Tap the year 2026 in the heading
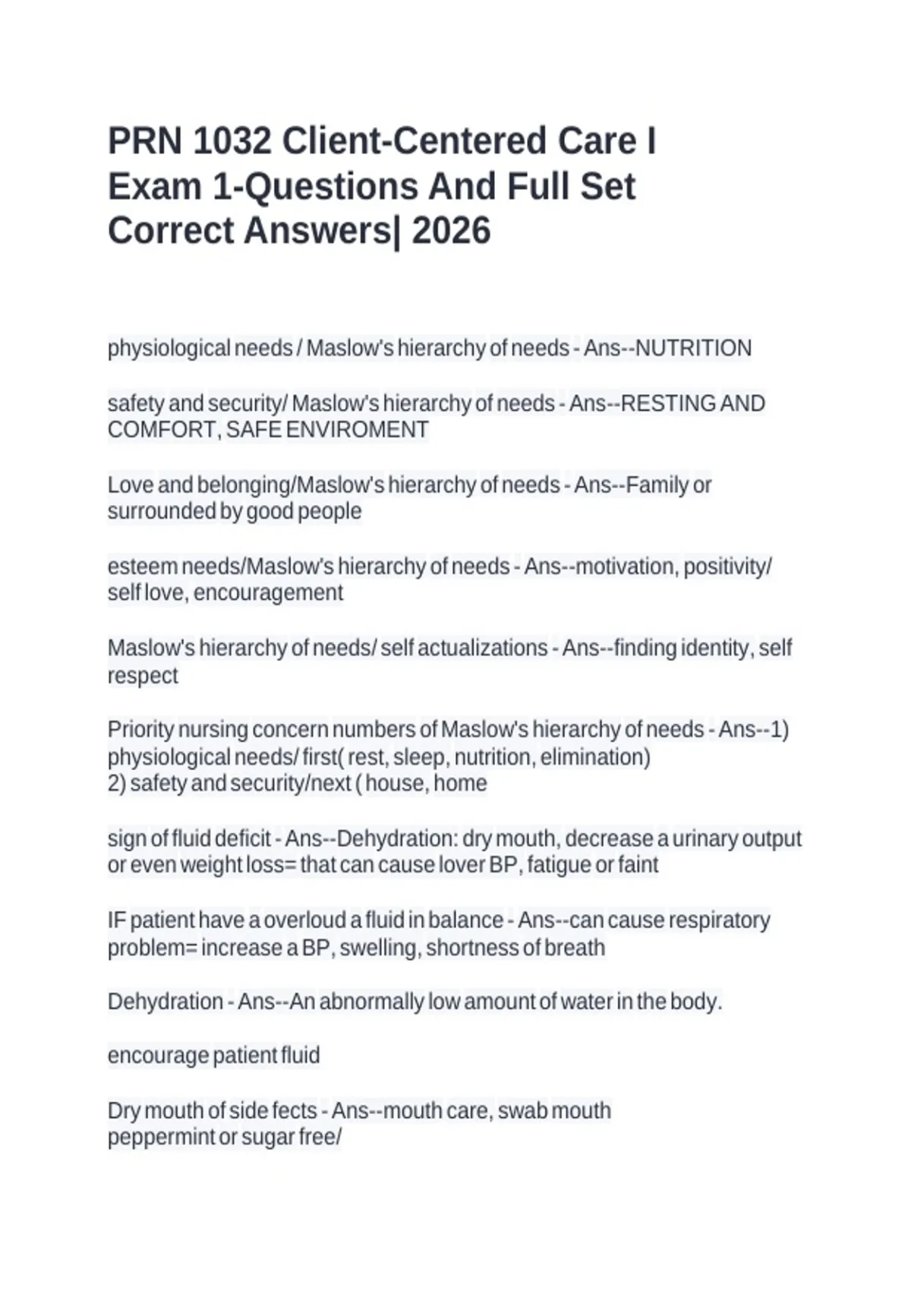[x=451, y=231]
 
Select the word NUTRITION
[x=693, y=349]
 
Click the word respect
[x=143, y=676]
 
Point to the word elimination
[x=595, y=757]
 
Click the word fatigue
[x=558, y=865]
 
